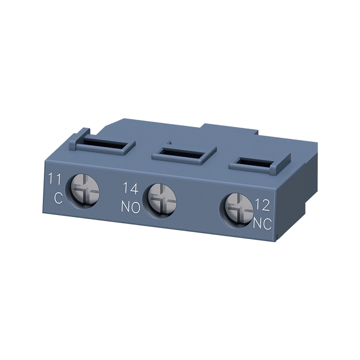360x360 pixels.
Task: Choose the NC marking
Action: click(x=262, y=223)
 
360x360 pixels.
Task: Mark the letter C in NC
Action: click(x=268, y=223)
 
